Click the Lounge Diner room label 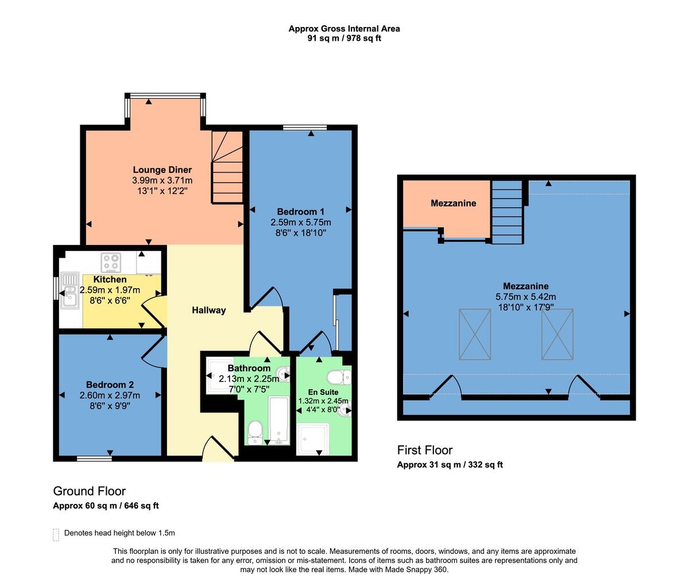(162, 170)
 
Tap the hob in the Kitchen (111, 262)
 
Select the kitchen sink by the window (69, 290)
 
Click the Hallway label (209, 310)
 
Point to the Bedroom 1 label (301, 212)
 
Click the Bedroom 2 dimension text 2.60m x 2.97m (110, 395)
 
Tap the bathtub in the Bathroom (278, 421)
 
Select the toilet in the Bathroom (256, 432)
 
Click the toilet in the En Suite (339, 377)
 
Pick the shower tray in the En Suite (313, 439)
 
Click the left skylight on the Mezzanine (475, 335)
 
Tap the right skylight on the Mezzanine (558, 335)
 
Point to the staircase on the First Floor (507, 212)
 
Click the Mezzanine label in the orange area (454, 203)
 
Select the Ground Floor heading (90, 491)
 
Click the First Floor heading (425, 450)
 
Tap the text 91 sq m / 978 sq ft (344, 38)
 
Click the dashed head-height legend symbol (56, 534)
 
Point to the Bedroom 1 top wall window (305, 127)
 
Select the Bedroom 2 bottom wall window (94, 459)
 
